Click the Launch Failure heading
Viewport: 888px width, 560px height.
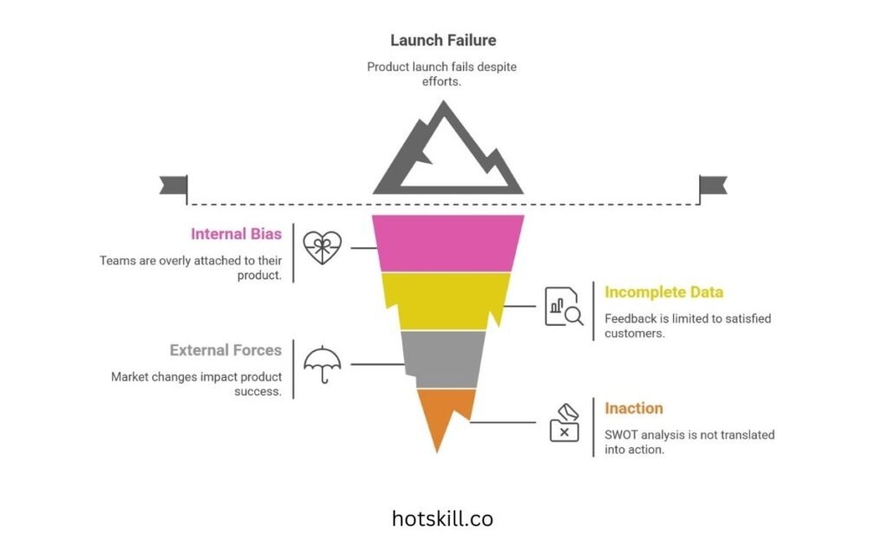pos(443,40)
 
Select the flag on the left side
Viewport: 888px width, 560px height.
pos(174,186)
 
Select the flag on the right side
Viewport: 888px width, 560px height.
pos(713,186)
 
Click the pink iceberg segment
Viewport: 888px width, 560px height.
pos(447,243)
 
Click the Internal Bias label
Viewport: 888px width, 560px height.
pos(236,234)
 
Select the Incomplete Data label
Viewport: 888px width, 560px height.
pos(663,292)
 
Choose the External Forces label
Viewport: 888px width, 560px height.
pos(225,350)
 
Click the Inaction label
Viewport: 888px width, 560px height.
pos(634,408)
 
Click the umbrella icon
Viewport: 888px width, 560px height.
pos(322,363)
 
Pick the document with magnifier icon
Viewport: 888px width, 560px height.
pos(564,306)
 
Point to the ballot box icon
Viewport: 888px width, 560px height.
pos(564,421)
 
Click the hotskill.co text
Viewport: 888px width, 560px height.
pos(442,519)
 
